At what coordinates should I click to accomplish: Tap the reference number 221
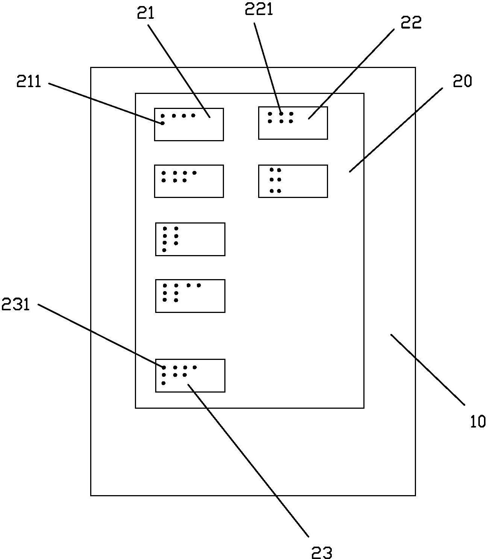[259, 9]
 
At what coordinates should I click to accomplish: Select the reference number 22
[411, 23]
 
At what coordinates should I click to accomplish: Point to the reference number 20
[462, 81]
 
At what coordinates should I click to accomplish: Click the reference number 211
[29, 82]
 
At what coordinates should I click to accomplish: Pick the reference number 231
[16, 304]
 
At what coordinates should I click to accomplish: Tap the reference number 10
[478, 422]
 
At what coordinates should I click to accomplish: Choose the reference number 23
[322, 553]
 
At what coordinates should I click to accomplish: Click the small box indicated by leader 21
[189, 125]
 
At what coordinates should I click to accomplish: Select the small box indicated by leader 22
[293, 123]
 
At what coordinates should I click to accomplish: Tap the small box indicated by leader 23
[190, 376]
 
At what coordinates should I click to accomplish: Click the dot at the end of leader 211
[163, 123]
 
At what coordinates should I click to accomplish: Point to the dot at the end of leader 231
[164, 367]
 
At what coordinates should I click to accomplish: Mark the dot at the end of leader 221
[281, 113]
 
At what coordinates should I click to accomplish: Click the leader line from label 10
[428, 370]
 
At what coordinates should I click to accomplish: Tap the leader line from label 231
[101, 336]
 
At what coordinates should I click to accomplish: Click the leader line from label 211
[105, 103]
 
